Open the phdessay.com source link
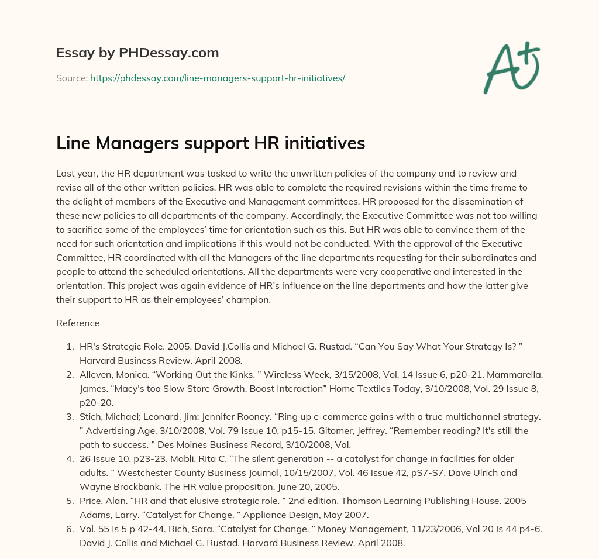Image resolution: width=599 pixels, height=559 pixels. tap(218, 78)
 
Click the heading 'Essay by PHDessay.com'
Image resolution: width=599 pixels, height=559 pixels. tap(137, 53)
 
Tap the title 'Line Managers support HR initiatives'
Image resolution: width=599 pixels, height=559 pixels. tap(211, 144)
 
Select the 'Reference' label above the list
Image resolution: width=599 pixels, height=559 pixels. tap(78, 323)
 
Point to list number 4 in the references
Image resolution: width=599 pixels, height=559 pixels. tap(70, 458)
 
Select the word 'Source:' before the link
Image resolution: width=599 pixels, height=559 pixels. tap(72, 78)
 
